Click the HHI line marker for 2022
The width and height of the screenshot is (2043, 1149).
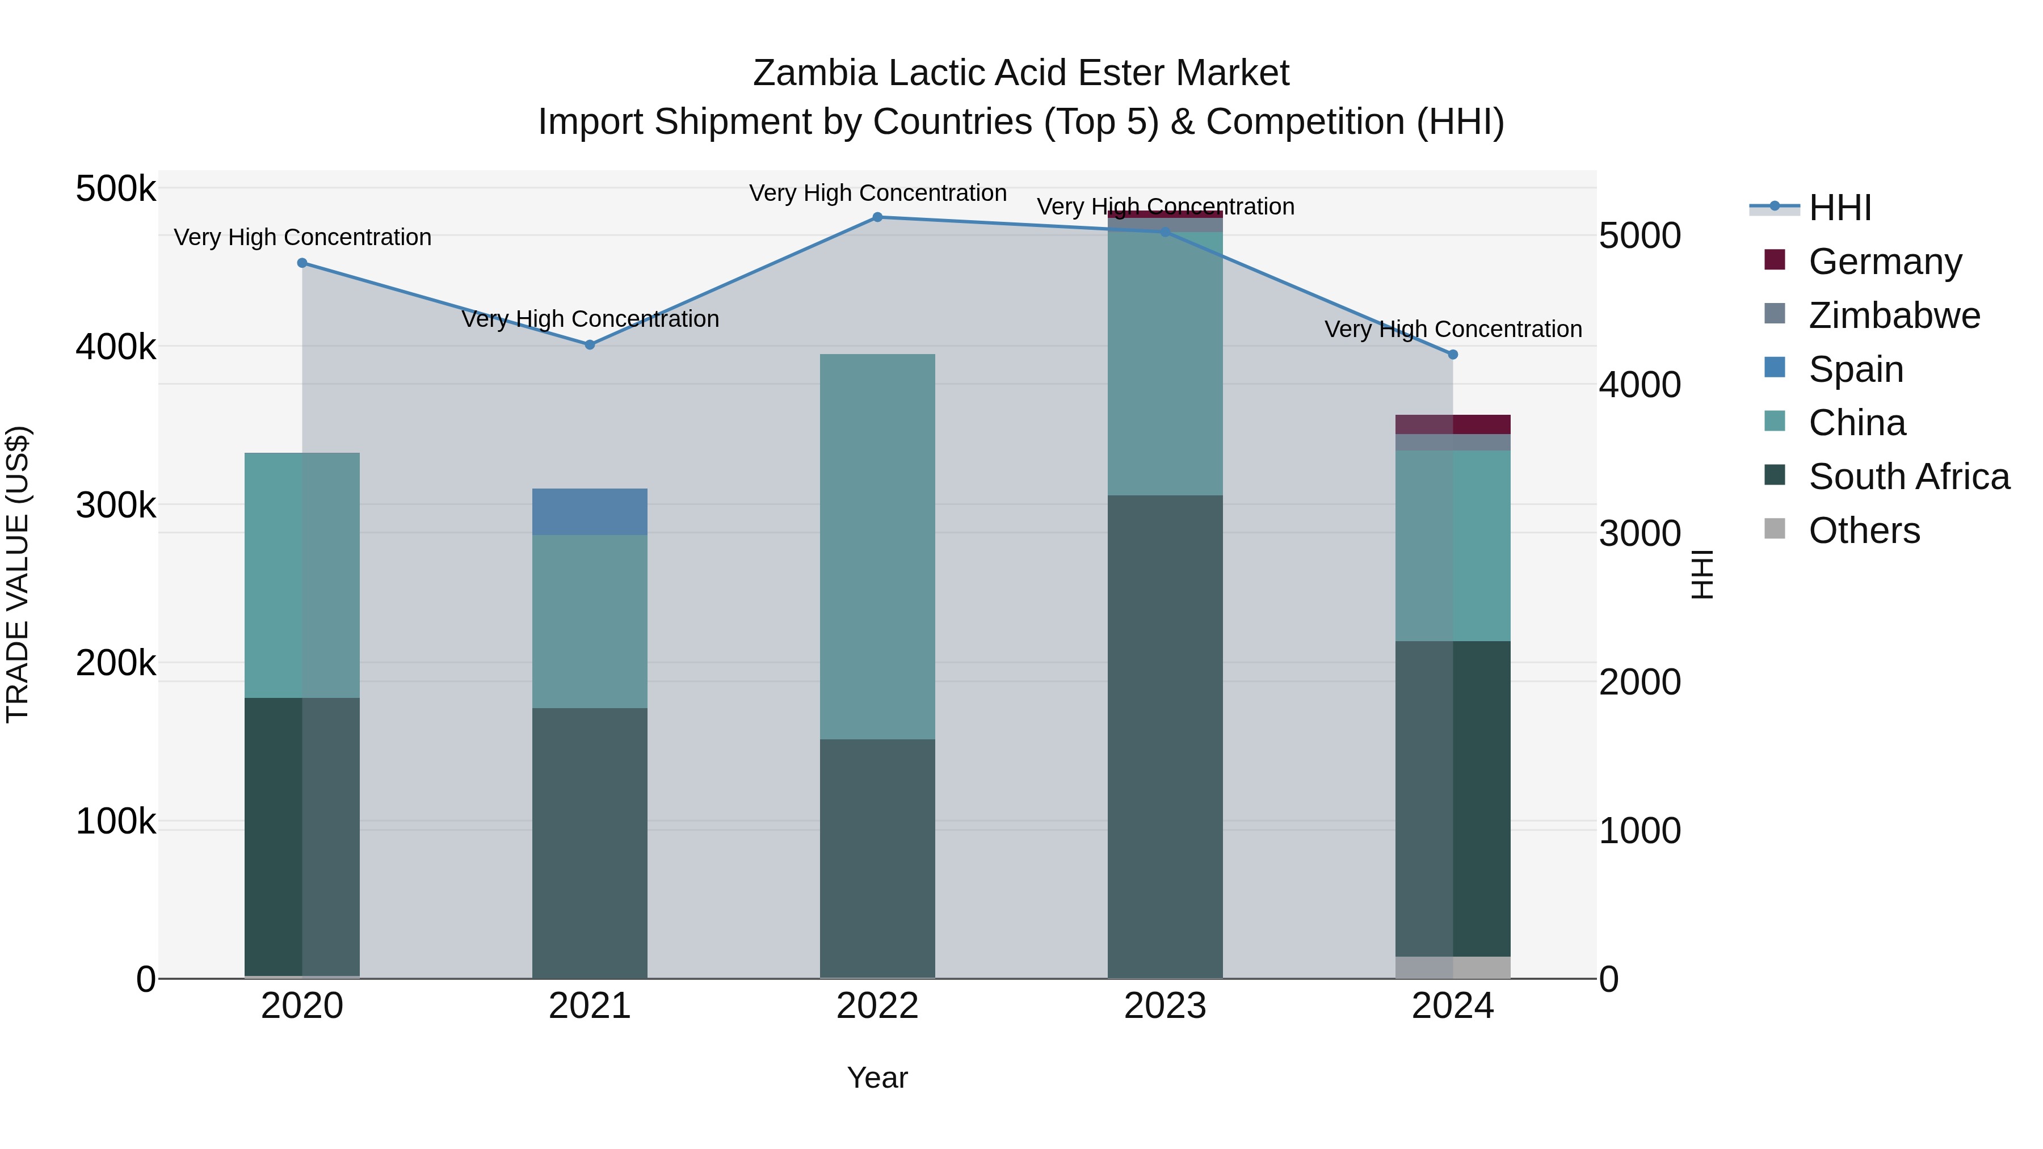pos(877,217)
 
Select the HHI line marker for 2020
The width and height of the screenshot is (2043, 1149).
pos(302,263)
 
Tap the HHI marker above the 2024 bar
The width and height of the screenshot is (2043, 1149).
pos(1453,355)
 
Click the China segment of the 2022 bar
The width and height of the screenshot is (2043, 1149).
pos(877,547)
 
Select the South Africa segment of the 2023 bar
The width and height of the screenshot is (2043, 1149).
pos(1165,738)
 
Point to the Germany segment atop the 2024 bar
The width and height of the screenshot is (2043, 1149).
pos(1453,424)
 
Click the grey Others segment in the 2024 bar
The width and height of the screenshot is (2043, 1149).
pos(1453,967)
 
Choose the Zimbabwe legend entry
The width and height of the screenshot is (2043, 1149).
pos(1894,315)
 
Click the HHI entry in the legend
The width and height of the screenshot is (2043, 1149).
pos(1840,208)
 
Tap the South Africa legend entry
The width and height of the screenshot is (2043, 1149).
pos(1908,477)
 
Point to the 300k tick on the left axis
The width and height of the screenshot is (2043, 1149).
pos(116,505)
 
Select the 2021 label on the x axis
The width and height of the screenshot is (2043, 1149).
pos(589,1006)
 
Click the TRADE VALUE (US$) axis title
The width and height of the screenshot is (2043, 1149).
pos(18,574)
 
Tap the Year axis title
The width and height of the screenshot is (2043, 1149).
pos(877,1078)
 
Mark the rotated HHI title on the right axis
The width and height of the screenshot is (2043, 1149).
pos(1702,574)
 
